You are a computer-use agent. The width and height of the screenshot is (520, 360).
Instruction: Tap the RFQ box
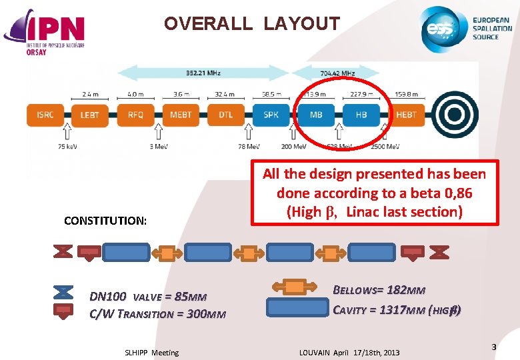point(135,115)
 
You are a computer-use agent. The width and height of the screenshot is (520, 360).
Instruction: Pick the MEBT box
point(180,115)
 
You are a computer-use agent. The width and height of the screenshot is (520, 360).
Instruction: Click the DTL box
point(225,115)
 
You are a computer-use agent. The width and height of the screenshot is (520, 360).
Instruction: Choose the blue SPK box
point(271,115)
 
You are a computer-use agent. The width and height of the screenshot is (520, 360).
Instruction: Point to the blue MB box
point(316,115)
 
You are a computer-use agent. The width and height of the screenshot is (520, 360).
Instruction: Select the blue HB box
point(361,115)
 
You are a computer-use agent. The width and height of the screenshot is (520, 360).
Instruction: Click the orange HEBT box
point(405,115)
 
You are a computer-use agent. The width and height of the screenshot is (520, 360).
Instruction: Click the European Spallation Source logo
point(466,29)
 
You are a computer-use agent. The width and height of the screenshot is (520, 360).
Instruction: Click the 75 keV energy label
point(49,147)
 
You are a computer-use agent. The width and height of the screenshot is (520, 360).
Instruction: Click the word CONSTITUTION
point(105,221)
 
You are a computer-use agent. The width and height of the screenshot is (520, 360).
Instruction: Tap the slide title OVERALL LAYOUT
point(252,25)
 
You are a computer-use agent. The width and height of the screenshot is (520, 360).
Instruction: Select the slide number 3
point(493,347)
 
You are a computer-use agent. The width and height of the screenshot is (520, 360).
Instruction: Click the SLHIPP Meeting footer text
point(152,353)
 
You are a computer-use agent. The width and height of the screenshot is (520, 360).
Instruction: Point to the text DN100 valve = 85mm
point(148,297)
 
